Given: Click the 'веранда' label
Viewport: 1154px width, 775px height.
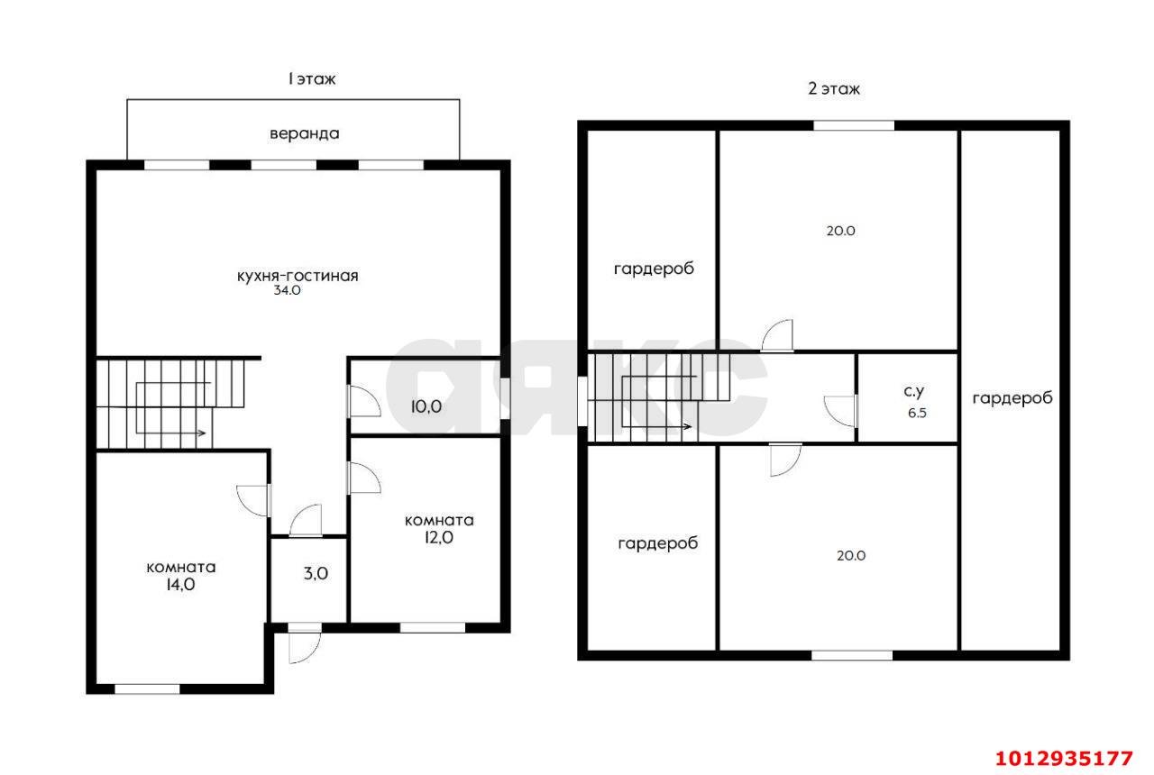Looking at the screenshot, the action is coord(305,134).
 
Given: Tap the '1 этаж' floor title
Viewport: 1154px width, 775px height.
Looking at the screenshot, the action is coord(312,78).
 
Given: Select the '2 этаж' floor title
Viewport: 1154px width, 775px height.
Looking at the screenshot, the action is coord(834,88).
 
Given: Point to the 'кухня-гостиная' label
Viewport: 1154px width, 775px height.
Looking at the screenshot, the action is coord(298,276).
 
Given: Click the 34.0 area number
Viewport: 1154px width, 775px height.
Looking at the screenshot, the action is coord(287,290).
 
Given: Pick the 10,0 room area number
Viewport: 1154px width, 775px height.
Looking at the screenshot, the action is coord(426,406).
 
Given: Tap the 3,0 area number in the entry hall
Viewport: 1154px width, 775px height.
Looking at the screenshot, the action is coord(316,573).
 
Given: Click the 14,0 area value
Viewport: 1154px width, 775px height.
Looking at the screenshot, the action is coord(180,585).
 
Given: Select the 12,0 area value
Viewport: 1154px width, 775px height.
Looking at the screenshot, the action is coord(439,537).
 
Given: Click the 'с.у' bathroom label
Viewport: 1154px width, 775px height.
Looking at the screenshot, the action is coord(914,391).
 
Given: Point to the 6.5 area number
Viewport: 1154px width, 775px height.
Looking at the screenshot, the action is coord(917,413).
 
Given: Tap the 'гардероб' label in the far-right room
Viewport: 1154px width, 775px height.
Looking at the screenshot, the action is coord(1012,398).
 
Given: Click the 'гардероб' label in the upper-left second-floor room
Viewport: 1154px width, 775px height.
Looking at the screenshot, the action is coord(654,269).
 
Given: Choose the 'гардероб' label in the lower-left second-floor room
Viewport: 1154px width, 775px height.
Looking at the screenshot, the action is coord(658,542).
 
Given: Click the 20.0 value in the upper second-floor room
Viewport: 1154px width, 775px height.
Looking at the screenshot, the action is coord(841,231).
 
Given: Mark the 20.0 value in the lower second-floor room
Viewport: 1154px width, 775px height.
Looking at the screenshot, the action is coord(851,556).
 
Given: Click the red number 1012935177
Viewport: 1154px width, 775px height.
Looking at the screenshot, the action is coord(1064,759).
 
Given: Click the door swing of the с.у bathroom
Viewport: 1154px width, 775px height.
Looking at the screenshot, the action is coord(840,411).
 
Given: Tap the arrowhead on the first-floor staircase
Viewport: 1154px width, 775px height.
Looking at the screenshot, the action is coord(203,433).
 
